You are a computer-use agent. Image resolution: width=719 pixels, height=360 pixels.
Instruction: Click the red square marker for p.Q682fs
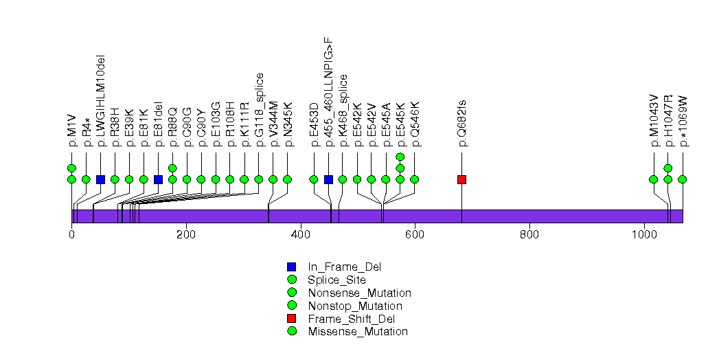pos(461,179)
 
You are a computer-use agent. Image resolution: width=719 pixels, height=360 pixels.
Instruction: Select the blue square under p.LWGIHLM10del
pos(100,179)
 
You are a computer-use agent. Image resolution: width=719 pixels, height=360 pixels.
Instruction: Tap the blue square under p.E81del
pos(158,179)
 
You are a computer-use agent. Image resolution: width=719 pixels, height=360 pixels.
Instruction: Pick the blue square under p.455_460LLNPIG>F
pos(328,179)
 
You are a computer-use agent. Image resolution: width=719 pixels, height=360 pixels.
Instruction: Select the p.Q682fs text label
pos(462,123)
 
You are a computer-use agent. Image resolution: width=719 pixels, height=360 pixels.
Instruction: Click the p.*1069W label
pos(683,121)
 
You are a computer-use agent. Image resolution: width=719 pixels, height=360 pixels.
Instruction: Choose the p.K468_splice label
pos(343,110)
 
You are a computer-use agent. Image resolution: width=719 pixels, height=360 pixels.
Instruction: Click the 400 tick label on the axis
pos(301,234)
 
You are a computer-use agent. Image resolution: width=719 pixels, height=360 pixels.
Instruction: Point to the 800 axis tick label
pos(529,234)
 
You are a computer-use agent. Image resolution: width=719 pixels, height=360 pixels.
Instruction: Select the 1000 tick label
pos(644,234)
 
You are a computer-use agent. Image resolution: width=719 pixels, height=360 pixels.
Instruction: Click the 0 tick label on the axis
pos(71,234)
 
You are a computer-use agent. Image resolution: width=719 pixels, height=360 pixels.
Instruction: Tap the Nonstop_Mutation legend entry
pos(355,306)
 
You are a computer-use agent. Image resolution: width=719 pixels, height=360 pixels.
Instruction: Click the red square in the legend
pos(292,319)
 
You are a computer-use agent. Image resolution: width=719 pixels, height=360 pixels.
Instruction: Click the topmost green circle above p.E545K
pos(400,157)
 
